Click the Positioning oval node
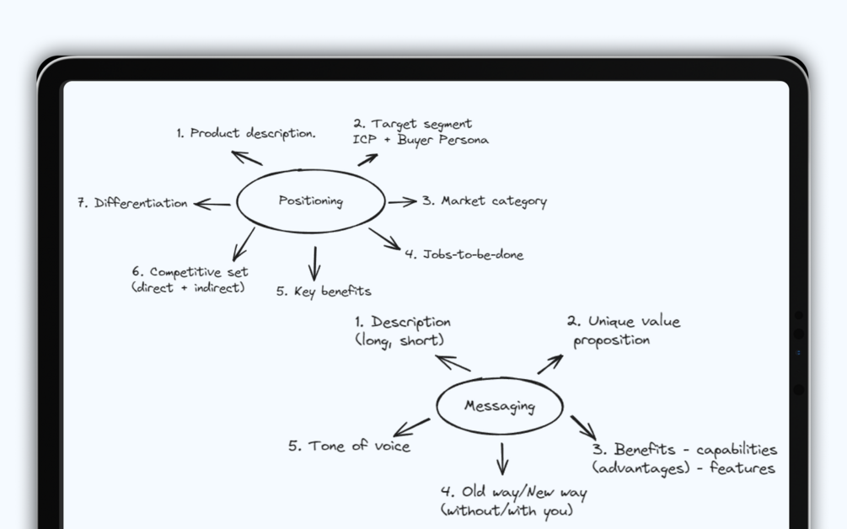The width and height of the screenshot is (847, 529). tap(311, 201)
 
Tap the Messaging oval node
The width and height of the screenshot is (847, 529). tap(500, 406)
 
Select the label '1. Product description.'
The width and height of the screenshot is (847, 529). tap(246, 133)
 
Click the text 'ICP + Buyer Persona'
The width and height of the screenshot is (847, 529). tap(421, 140)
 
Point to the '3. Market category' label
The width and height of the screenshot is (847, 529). tap(485, 201)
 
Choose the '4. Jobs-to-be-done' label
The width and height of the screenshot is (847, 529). tap(464, 254)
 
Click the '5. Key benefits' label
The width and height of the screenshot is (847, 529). tap(324, 291)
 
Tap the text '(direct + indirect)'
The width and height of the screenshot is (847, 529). tap(188, 287)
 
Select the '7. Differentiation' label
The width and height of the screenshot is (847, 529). tap(132, 203)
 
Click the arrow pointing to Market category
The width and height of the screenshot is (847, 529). tap(402, 201)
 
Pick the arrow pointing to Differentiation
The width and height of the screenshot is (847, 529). tap(212, 204)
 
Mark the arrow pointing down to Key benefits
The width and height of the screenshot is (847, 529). tap(314, 263)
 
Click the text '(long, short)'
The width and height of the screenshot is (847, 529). tap(399, 340)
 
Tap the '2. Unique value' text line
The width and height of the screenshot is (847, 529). tap(624, 322)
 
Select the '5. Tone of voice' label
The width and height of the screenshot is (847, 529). tap(349, 446)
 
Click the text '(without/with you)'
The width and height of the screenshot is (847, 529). tap(507, 510)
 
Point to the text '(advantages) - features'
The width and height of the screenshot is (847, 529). tap(683, 468)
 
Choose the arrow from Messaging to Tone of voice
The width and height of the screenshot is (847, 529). tap(411, 427)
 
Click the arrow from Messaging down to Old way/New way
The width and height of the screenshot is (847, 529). tap(502, 458)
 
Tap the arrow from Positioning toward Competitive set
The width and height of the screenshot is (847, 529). tap(243, 243)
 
